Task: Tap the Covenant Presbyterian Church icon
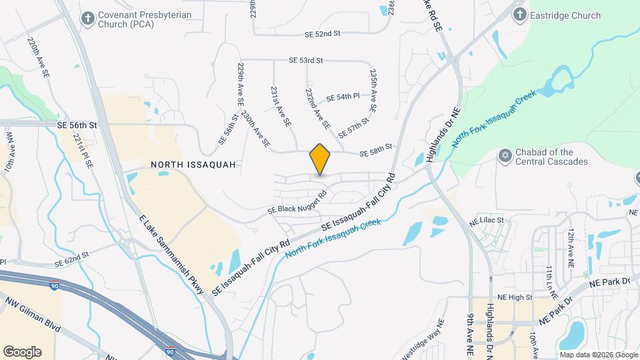click(87, 18)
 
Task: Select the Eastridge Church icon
click(519, 14)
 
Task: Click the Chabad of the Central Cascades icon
click(505, 156)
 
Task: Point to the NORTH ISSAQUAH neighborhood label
click(193, 164)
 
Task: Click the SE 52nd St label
click(323, 34)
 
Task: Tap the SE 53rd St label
click(306, 61)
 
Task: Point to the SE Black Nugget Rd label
click(297, 203)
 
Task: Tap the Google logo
click(21, 351)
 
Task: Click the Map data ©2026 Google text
click(598, 355)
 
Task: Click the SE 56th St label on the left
click(77, 125)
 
